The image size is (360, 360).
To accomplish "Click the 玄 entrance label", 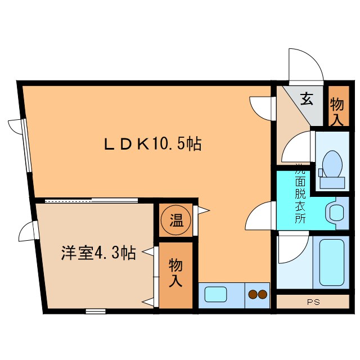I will [307, 100].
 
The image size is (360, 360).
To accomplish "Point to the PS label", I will [313, 302].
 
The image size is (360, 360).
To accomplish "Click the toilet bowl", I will [334, 163].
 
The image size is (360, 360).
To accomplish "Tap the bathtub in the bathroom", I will [331, 263].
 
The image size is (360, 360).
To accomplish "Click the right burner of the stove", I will [263, 294].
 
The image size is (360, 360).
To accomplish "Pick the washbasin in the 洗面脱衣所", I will [337, 213].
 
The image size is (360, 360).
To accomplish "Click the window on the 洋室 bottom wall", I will [96, 310].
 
